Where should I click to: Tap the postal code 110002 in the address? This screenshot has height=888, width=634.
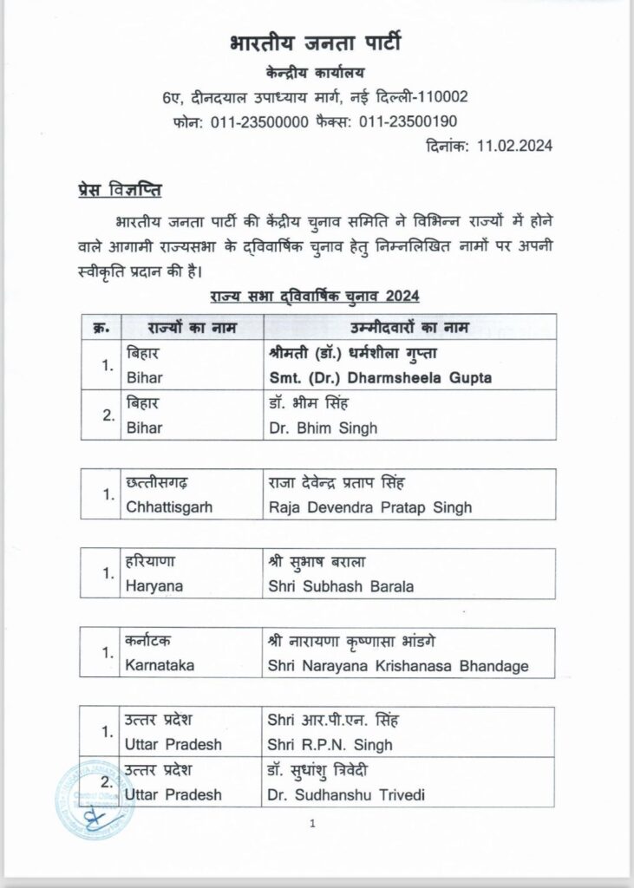pos(439,96)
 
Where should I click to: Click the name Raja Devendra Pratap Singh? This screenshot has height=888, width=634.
pos(369,506)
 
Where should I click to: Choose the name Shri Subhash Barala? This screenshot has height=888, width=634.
pos(342,586)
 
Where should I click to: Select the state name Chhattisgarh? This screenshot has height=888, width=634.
pos(173,506)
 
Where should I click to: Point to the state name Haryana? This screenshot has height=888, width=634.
pos(154,586)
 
